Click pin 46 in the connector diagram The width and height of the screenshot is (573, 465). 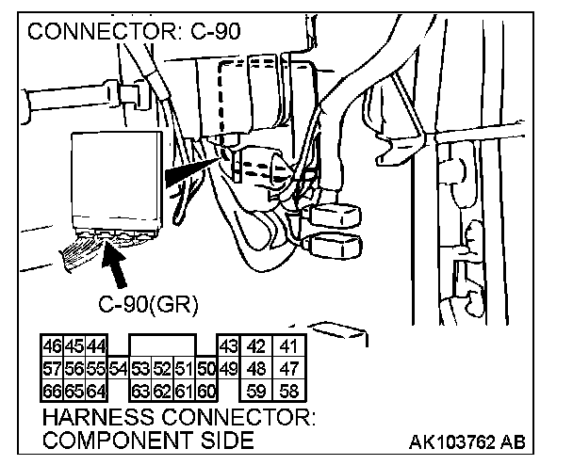pyautogui.click(x=53, y=346)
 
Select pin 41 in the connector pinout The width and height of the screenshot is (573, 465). pyautogui.click(x=288, y=346)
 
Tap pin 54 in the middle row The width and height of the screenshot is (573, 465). pyautogui.click(x=119, y=369)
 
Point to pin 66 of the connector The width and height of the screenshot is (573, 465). pyautogui.click(x=53, y=391)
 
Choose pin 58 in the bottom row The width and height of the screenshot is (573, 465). pyautogui.click(x=288, y=391)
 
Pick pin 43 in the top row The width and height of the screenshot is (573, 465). pyautogui.click(x=229, y=346)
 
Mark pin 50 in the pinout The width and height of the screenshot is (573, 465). pyautogui.click(x=206, y=369)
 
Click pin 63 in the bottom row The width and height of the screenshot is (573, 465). pyautogui.click(x=141, y=391)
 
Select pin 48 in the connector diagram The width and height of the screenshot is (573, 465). pyautogui.click(x=256, y=369)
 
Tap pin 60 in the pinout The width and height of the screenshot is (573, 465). pyautogui.click(x=206, y=391)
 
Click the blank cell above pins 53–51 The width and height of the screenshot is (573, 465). pyautogui.click(x=163, y=346)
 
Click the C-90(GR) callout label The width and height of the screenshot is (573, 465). pyautogui.click(x=148, y=304)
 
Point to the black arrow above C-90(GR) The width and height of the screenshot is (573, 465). pyautogui.click(x=114, y=265)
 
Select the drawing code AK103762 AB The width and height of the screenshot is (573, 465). pyautogui.click(x=467, y=442)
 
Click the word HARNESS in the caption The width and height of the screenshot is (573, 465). pyautogui.click(x=98, y=417)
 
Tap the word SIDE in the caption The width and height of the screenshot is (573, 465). pyautogui.click(x=226, y=440)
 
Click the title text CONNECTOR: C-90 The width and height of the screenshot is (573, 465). pyautogui.click(x=134, y=31)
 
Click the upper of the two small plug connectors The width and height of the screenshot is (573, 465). pyautogui.click(x=336, y=216)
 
